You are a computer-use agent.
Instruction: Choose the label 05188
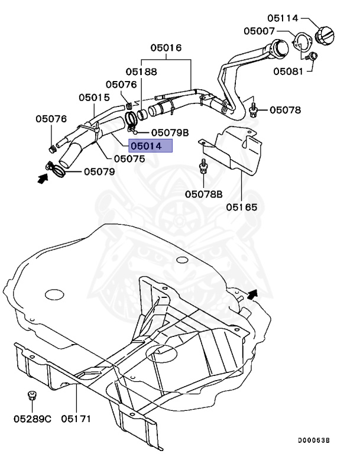click(141, 72)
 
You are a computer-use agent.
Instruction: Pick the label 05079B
click(170, 132)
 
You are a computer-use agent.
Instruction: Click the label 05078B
click(203, 194)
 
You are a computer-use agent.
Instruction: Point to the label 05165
click(242, 207)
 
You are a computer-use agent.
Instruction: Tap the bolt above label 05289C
click(32, 396)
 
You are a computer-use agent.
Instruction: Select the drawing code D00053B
click(313, 440)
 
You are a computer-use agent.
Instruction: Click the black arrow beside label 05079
click(42, 177)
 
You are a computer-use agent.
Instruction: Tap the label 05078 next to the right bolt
click(286, 109)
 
